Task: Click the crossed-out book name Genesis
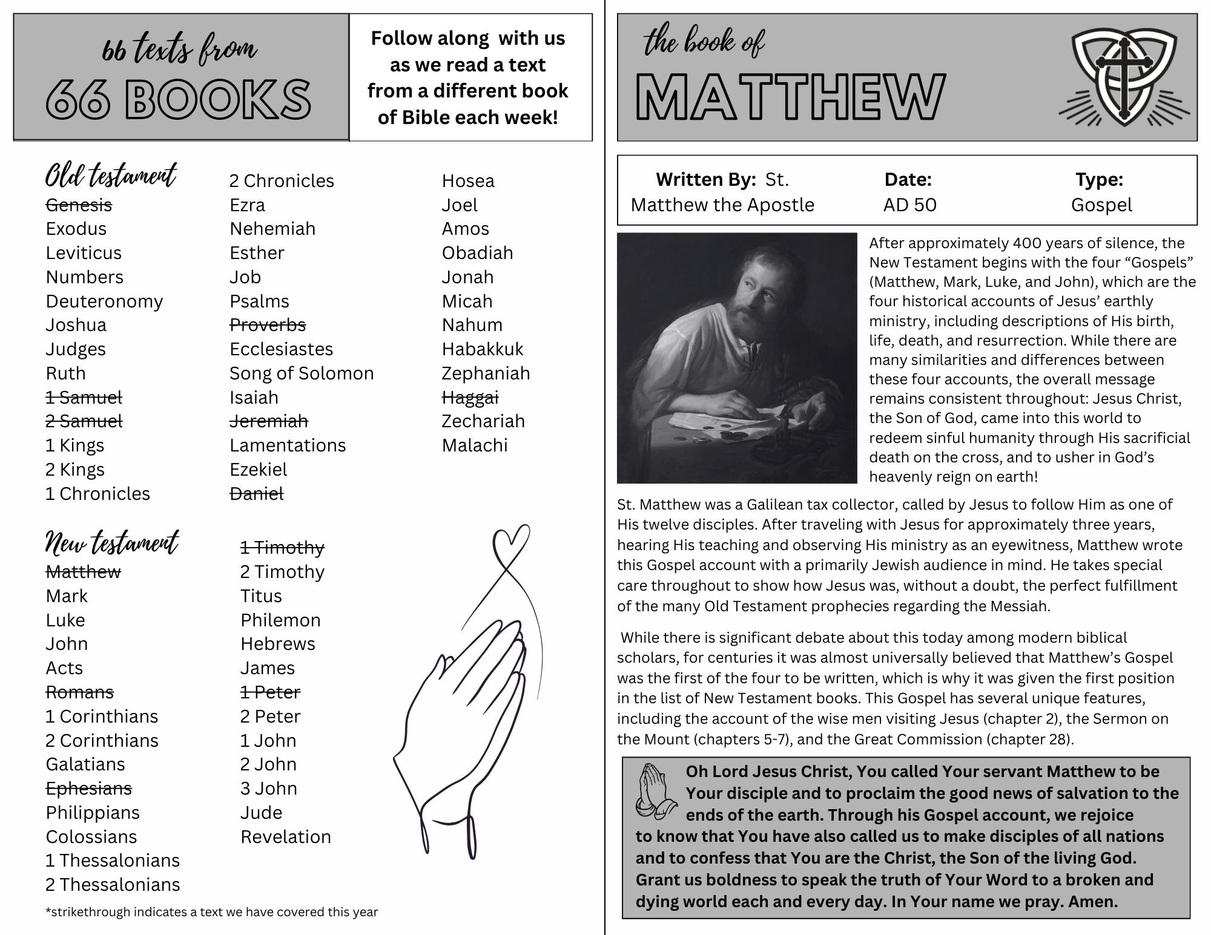(x=79, y=205)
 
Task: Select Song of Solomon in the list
(x=302, y=373)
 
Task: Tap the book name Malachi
(x=475, y=445)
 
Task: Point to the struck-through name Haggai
(x=470, y=398)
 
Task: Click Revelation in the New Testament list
(x=285, y=837)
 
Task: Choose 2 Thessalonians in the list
(x=113, y=885)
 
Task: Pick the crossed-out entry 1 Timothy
(x=282, y=548)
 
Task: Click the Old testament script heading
(x=111, y=176)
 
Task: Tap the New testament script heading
(x=112, y=543)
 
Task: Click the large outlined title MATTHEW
(x=790, y=97)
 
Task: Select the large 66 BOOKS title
(x=179, y=99)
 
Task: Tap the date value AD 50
(x=909, y=205)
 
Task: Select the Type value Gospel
(x=1101, y=205)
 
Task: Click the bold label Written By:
(x=705, y=180)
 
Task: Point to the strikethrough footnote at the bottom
(x=211, y=912)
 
